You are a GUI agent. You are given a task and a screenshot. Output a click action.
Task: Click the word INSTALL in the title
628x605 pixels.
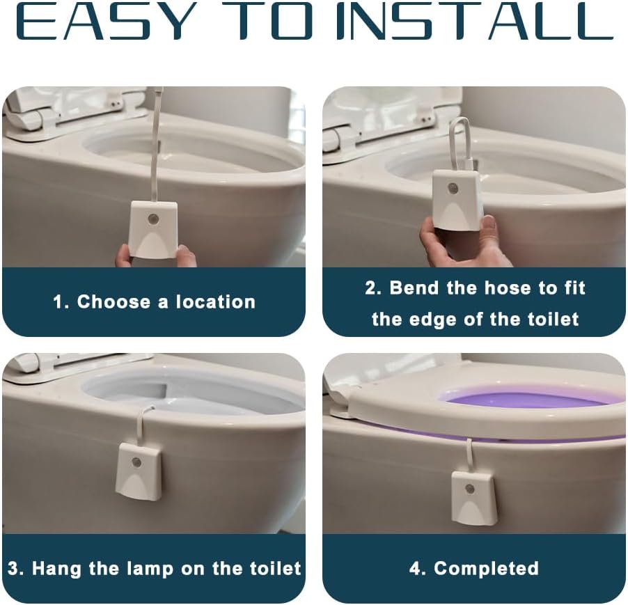(473, 22)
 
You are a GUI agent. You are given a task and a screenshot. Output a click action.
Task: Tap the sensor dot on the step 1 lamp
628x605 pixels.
(153, 219)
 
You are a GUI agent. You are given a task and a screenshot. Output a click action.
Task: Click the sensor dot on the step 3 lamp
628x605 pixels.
(137, 462)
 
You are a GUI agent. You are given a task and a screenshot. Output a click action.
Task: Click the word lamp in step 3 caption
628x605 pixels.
(180, 568)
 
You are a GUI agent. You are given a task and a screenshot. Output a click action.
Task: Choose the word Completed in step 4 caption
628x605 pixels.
(486, 568)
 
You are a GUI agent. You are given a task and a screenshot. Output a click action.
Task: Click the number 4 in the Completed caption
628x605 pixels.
(416, 568)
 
